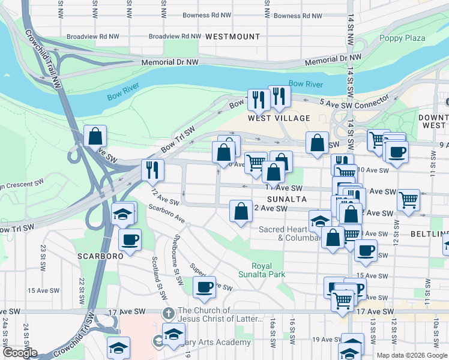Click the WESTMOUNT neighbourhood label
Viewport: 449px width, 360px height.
[232, 37]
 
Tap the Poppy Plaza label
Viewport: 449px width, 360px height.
[402, 38]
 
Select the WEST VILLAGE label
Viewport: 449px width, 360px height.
[280, 118]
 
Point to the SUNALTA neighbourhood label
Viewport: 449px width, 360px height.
[287, 199]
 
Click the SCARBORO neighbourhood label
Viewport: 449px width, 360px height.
[100, 255]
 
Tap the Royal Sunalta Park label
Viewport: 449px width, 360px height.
[268, 270]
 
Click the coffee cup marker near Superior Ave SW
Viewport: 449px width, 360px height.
[204, 287]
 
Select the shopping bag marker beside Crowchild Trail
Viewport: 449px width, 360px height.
[95, 136]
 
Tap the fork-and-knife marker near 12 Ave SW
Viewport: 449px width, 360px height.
[152, 170]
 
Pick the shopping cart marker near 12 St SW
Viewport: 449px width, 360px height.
[408, 200]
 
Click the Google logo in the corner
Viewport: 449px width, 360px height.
[19, 353]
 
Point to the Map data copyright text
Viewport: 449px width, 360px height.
[412, 355]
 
